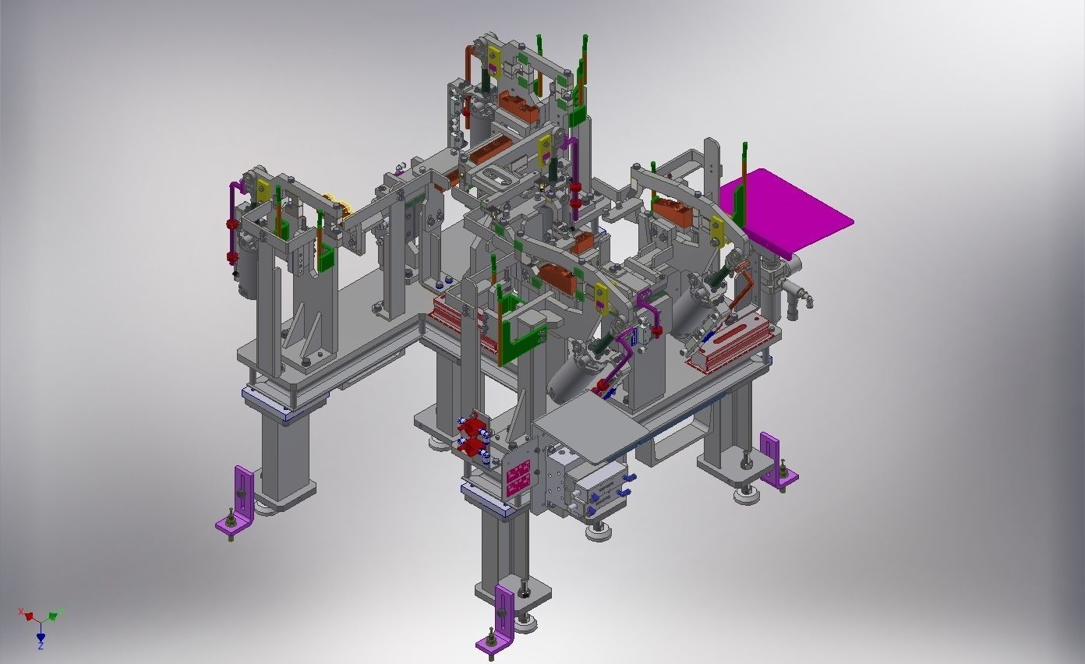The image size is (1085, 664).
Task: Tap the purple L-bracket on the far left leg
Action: [239, 503]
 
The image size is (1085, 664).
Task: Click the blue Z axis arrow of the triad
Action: [41, 638]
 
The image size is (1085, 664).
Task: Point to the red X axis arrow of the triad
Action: [28, 615]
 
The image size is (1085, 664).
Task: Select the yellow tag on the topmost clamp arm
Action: [494, 59]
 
